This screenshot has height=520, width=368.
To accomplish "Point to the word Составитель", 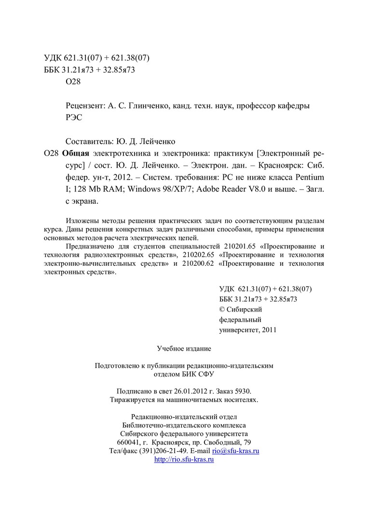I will [89, 142].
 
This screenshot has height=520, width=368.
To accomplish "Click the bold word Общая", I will [76, 154].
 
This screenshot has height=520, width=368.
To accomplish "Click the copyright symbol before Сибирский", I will [222, 309].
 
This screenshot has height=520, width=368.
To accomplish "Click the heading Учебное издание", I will [184, 348].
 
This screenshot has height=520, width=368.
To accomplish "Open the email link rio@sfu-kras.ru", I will [236, 451].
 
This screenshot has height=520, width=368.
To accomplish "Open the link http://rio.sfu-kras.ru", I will [184, 460].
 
